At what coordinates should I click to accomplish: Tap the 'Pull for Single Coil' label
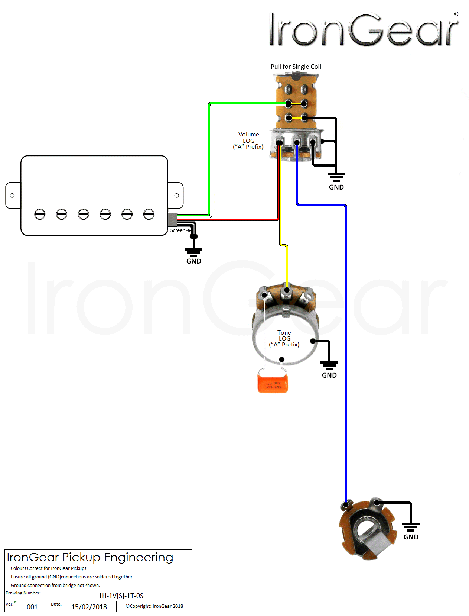pyautogui.click(x=296, y=67)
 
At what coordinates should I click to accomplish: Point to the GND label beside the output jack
pyautogui.click(x=411, y=537)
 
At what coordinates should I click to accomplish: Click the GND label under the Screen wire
pyautogui.click(x=193, y=261)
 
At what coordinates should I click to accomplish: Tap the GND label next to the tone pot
pyautogui.click(x=329, y=375)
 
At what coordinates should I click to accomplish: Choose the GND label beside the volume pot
pyautogui.click(x=336, y=187)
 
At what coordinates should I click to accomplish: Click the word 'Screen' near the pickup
pyautogui.click(x=177, y=230)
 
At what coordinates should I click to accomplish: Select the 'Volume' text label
pyautogui.click(x=248, y=134)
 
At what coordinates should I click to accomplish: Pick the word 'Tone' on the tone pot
pyautogui.click(x=284, y=332)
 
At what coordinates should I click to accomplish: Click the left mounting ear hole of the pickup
pyautogui.click(x=12, y=196)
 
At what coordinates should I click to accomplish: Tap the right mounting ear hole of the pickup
pyautogui.click(x=177, y=196)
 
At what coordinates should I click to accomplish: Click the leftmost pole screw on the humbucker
pyautogui.click(x=40, y=214)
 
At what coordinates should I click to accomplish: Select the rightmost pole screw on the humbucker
pyautogui.click(x=149, y=214)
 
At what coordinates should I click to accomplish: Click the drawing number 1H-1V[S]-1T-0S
pyautogui.click(x=121, y=596)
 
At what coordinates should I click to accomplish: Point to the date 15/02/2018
pyautogui.click(x=89, y=607)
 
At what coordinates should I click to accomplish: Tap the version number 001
pyautogui.click(x=32, y=607)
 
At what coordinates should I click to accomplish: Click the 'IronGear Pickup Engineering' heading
pyautogui.click(x=90, y=557)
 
